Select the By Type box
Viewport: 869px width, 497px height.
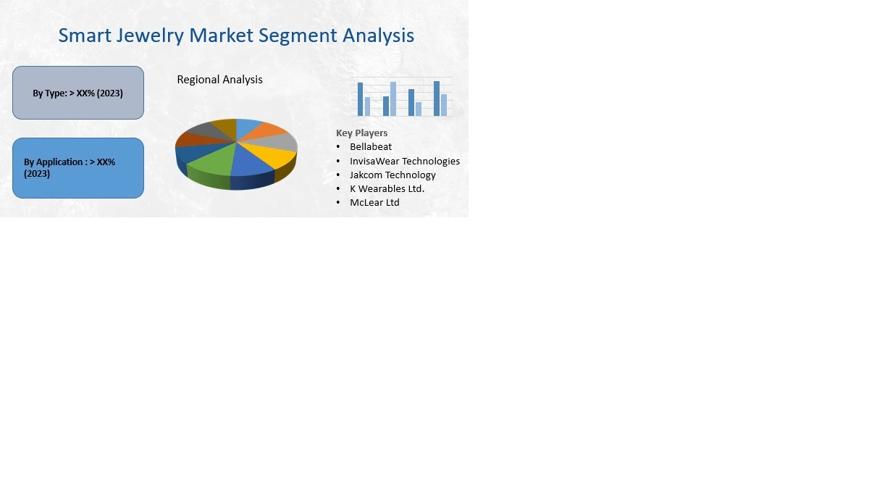[78, 93]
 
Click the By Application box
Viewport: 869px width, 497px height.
[78, 168]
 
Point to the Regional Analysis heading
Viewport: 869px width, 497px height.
[219, 80]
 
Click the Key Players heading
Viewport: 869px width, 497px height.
[361, 133]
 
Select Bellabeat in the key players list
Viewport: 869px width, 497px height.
[370, 147]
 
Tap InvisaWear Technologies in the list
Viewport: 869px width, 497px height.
[404, 161]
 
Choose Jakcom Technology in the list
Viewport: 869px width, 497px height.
[392, 175]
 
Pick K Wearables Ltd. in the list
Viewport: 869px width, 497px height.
[387, 188]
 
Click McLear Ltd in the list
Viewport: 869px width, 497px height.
[374, 203]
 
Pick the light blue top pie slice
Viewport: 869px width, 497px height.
[248, 126]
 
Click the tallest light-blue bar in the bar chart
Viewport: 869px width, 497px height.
[393, 99]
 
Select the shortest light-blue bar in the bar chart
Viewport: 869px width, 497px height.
[419, 109]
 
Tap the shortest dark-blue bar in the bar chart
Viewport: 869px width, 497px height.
[386, 106]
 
